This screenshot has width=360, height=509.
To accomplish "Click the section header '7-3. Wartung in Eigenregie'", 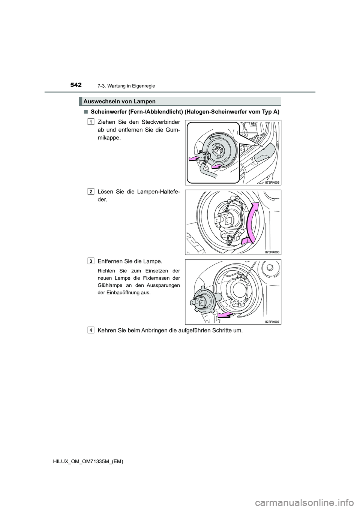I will click(129, 86).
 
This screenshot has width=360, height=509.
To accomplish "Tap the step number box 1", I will click(91, 121).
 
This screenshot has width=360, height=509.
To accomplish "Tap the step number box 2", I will click(91, 191).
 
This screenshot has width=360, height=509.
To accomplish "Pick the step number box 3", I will click(91, 260).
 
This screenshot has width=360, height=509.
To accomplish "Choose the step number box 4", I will click(91, 330).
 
